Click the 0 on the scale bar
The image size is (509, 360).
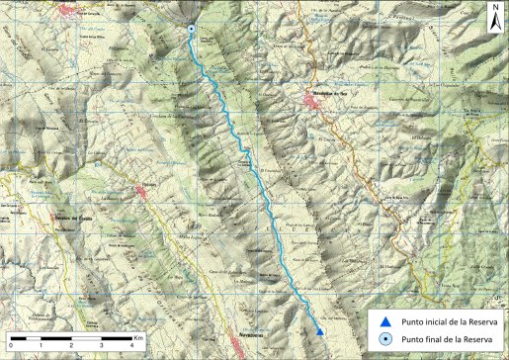(11, 344)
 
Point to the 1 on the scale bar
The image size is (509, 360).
(41, 344)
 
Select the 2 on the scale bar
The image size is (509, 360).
(71, 344)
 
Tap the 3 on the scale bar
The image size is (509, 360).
(102, 344)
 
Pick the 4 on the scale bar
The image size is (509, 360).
(132, 344)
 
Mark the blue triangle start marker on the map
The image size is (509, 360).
(319, 331)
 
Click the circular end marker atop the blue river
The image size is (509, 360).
(193, 31)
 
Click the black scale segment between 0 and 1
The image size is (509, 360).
(26, 336)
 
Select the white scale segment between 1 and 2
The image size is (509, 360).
(56, 336)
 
